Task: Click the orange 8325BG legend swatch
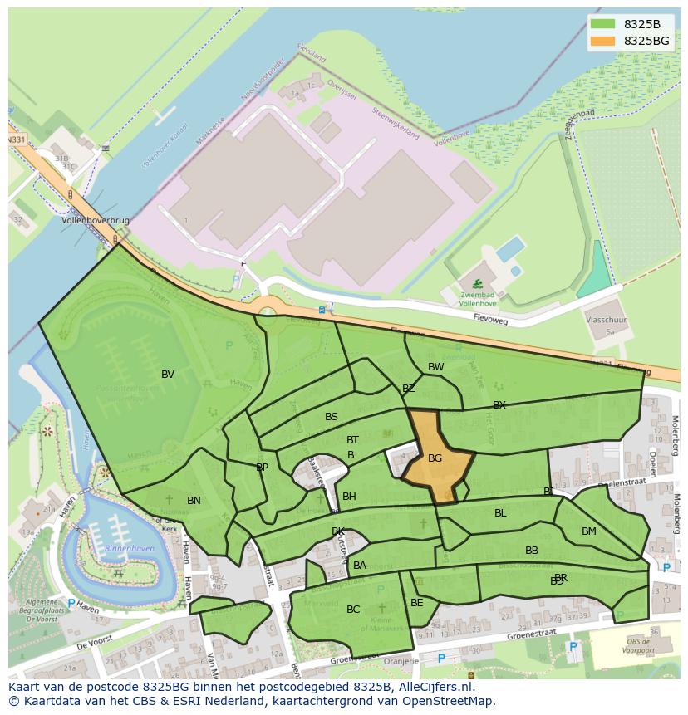point(604,41)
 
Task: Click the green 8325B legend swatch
point(604,24)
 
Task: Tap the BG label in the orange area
point(435,458)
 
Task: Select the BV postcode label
point(168,375)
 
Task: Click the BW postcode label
point(435,367)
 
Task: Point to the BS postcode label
point(332,417)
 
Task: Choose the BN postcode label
point(194,501)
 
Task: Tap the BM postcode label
point(588,531)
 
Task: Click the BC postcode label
point(353,610)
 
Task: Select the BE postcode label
point(416,603)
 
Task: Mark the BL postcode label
point(500,513)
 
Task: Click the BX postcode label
point(499,405)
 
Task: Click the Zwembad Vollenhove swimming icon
point(477,284)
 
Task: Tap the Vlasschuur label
point(607,318)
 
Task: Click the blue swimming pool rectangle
point(510,248)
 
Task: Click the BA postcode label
point(359,566)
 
